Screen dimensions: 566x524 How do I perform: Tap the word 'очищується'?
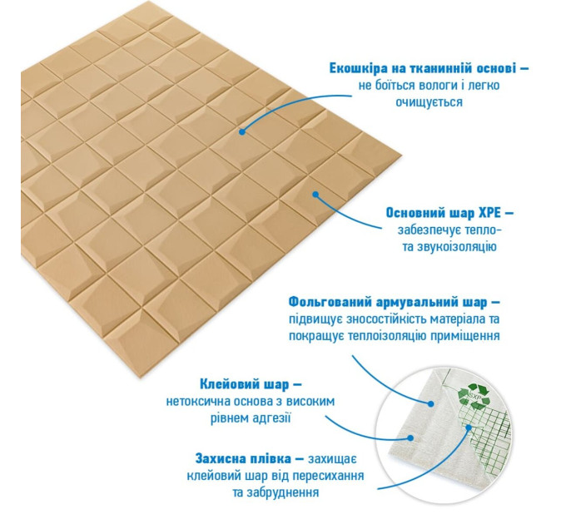pos(429,102)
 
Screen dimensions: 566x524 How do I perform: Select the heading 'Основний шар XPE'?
pos(444,213)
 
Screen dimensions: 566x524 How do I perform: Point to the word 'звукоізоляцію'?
pos(457,247)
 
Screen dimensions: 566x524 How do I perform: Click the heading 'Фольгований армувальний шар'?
pos(388,302)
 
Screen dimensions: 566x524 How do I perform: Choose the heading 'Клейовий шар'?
pos(245,384)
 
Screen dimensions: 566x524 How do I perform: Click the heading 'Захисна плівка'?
pos(243,459)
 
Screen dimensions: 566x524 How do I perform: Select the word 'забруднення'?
pos(283,492)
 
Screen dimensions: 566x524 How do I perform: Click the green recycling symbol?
pos(472,396)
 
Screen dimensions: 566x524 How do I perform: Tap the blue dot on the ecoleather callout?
pos(242,132)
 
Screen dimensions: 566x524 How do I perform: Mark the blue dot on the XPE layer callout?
pos(315,195)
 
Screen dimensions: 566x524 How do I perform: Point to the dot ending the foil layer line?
pos(430,404)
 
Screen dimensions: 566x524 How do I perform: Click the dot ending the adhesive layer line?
pos(410,438)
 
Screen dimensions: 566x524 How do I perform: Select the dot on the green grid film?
pos(469,428)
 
